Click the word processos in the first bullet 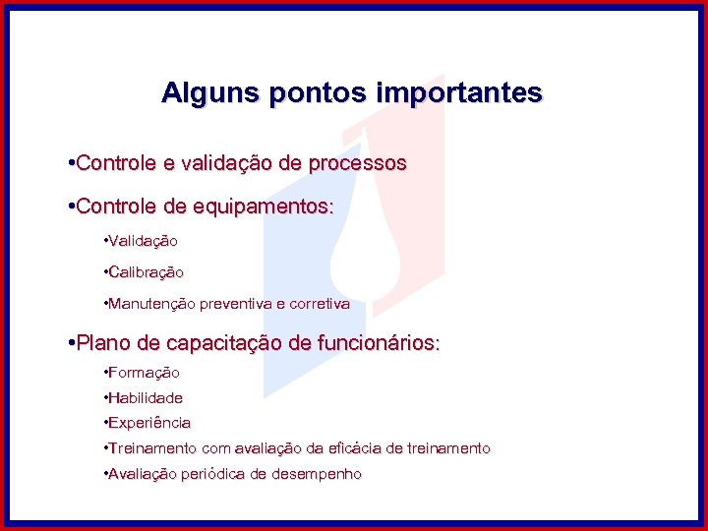356,163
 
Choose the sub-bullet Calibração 146,271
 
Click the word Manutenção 151,304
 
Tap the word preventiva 236,304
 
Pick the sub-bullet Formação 144,373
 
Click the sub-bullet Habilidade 145,398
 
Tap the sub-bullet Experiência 149,423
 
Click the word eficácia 354,448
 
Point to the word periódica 207,474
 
